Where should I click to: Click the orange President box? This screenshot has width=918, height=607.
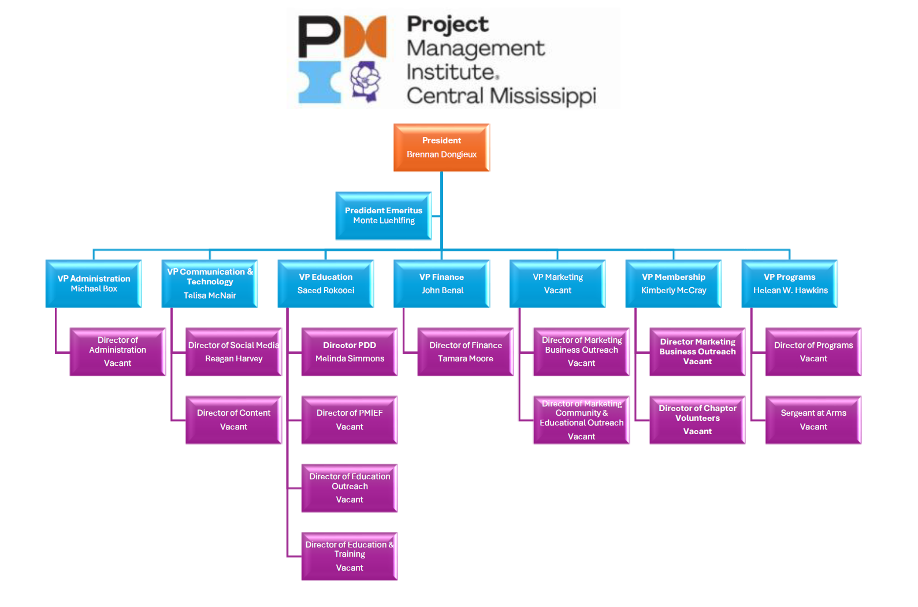pyautogui.click(x=441, y=147)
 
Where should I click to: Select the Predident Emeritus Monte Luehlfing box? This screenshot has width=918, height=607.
pyautogui.click(x=384, y=216)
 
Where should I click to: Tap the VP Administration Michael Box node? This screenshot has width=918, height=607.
pyautogui.click(x=94, y=283)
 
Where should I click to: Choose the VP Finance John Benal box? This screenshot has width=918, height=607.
pyautogui.click(x=441, y=283)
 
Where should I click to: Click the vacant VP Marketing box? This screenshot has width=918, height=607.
pyautogui.click(x=558, y=283)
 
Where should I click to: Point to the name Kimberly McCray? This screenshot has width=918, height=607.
pyautogui.click(x=674, y=290)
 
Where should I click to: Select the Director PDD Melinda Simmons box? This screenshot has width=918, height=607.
pyautogui.click(x=350, y=351)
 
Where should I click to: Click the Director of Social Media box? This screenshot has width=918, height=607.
pyautogui.click(x=233, y=351)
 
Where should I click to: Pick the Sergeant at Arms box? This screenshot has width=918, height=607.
pyautogui.click(x=813, y=420)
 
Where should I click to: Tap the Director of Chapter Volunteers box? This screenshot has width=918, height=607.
pyautogui.click(x=697, y=420)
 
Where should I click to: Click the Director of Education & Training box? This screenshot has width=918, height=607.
pyautogui.click(x=350, y=556)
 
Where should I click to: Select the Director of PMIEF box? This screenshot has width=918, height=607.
pyautogui.click(x=350, y=420)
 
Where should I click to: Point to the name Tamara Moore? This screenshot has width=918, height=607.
pyautogui.click(x=466, y=358)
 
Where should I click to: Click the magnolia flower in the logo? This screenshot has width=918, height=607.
pyautogui.click(x=365, y=81)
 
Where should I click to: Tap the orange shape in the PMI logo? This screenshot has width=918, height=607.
pyautogui.click(x=366, y=36)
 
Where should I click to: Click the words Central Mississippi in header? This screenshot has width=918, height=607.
pyautogui.click(x=501, y=95)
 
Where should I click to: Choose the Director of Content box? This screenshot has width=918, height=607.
pyautogui.click(x=233, y=420)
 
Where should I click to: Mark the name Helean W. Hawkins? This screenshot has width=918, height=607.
pyautogui.click(x=790, y=290)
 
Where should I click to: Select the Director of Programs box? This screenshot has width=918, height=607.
pyautogui.click(x=813, y=351)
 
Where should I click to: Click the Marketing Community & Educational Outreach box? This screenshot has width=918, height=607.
pyautogui.click(x=581, y=420)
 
